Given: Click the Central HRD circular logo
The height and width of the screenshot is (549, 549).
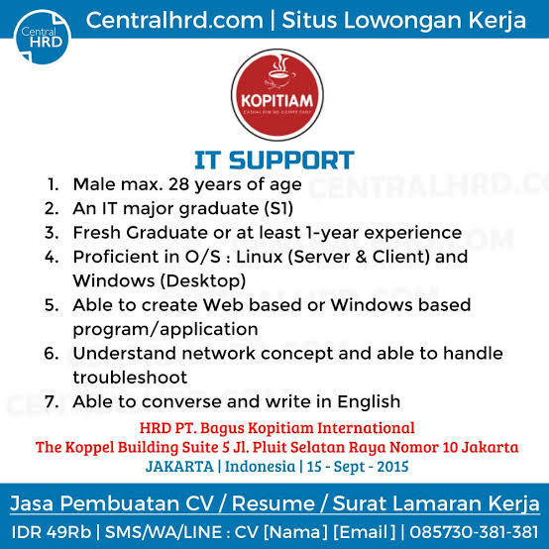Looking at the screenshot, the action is click(x=43, y=37).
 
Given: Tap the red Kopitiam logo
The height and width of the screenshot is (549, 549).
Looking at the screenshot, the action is click(x=276, y=95).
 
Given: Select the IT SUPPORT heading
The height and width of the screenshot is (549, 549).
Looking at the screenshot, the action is click(x=274, y=161).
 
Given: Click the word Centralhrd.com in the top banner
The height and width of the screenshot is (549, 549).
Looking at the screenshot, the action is click(x=174, y=20).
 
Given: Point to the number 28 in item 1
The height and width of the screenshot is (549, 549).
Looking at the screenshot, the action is click(x=179, y=184).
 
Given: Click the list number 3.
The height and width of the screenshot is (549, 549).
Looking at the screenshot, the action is click(x=52, y=233).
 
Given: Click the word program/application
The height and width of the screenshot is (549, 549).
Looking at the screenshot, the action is click(x=165, y=330).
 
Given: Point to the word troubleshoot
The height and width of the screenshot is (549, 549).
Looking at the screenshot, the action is click(x=130, y=378).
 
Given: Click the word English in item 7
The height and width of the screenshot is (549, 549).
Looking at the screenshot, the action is click(x=369, y=402).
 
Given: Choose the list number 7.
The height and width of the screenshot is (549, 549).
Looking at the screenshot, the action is click(x=52, y=401).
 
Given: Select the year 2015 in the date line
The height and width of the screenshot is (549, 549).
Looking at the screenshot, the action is click(x=392, y=467).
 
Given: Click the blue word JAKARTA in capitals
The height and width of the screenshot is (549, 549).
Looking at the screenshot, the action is click(x=179, y=467).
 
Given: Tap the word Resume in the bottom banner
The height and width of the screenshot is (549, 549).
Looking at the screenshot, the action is click(x=274, y=503).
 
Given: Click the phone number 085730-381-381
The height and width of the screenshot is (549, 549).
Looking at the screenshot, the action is click(x=474, y=532).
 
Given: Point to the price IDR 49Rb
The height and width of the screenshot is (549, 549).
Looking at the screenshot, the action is click(x=52, y=532).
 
